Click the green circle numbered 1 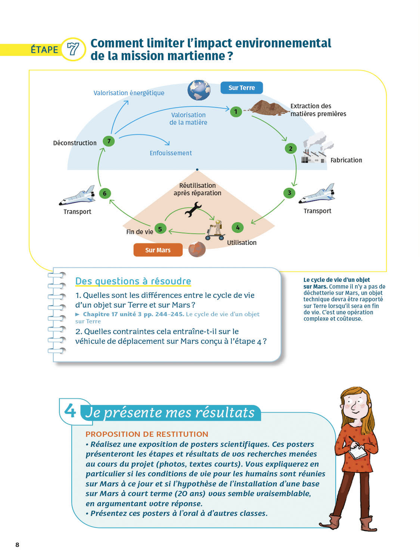236,112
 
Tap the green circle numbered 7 109,141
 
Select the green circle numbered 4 238,227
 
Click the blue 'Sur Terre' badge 242,88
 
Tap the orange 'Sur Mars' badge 158,250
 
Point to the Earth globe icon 199,90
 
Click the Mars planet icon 197,249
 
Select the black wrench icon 193,209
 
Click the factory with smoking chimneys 317,148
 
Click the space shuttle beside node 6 77,196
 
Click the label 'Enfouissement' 171,153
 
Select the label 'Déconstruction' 75,143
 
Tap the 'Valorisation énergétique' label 129,93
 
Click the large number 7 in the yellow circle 73,49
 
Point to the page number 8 17,545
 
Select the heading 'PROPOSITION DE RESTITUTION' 147,434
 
